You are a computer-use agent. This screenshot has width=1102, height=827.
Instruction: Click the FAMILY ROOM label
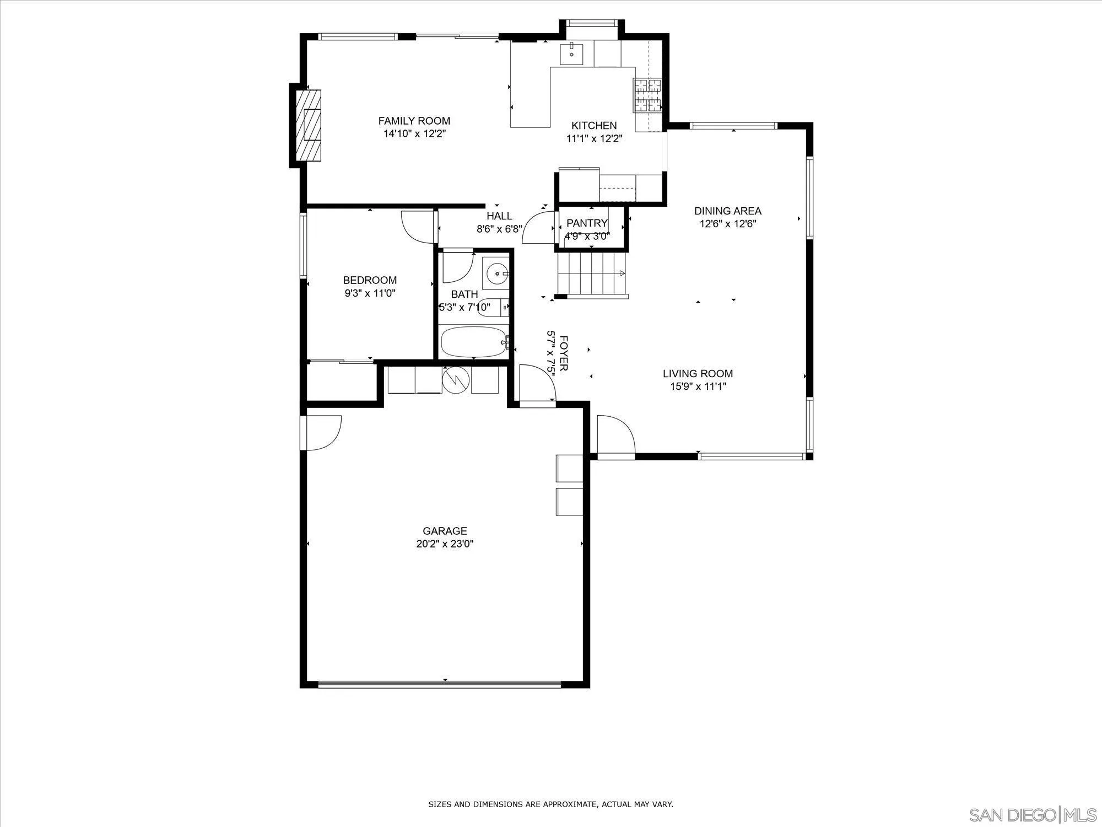[x=414, y=121]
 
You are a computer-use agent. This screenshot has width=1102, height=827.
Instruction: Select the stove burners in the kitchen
[x=647, y=95]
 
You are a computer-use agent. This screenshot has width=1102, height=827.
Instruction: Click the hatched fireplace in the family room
[x=309, y=125]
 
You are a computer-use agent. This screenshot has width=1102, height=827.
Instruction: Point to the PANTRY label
[x=587, y=223]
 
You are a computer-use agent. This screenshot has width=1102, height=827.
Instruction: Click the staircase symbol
[x=592, y=273]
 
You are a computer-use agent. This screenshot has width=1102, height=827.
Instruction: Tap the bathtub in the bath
[x=474, y=342]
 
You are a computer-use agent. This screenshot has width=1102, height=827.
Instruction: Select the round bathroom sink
[x=498, y=273]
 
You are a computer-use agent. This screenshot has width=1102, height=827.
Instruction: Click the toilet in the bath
[x=499, y=307]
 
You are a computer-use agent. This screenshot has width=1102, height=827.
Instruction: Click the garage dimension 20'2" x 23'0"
[x=445, y=544]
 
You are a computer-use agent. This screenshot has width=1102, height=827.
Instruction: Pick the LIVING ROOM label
[x=698, y=374]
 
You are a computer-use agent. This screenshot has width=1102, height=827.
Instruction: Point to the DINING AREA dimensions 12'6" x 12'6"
[x=727, y=224]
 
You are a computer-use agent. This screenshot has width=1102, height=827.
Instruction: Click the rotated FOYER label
[x=563, y=353]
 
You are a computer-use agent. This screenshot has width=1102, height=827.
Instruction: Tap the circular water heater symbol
[x=456, y=379]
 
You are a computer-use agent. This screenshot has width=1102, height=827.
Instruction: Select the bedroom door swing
[x=417, y=227]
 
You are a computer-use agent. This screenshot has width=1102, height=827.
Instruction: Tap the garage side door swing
[x=323, y=432]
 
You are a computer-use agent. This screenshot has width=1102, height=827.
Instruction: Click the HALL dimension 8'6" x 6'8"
[x=499, y=229]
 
